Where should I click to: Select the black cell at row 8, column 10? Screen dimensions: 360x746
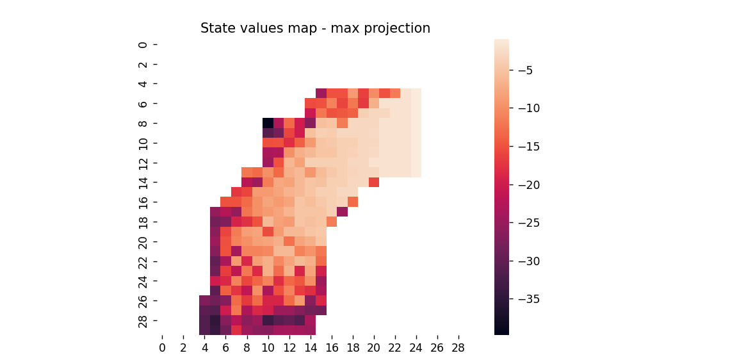[268, 123]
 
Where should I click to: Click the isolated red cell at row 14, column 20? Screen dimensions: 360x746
[374, 182]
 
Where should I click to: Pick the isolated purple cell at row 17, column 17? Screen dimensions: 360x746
[342, 211]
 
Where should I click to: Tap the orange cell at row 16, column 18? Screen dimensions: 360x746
[353, 202]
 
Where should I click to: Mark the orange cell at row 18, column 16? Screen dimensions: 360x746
[332, 222]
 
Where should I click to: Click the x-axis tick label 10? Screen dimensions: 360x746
[268, 347]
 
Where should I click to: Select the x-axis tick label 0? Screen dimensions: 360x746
[162, 347]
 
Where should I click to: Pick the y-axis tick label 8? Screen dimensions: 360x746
[143, 123]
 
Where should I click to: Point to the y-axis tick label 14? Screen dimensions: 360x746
[143, 182]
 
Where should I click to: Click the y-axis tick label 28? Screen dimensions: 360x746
[143, 320]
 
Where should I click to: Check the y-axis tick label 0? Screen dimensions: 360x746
[143, 44]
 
